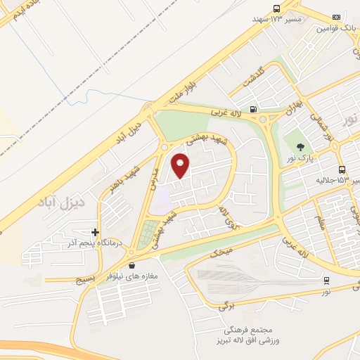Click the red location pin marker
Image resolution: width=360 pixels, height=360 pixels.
pos(181,165)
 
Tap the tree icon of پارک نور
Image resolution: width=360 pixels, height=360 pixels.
pos(301,147)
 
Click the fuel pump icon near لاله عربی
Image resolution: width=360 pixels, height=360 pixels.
pos(252,109)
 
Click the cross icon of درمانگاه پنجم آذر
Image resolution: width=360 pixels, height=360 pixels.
pos(95,232)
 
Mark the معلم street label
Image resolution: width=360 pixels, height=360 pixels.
pos(321,224)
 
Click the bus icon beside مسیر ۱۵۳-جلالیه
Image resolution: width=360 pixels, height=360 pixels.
pos(342,169)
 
